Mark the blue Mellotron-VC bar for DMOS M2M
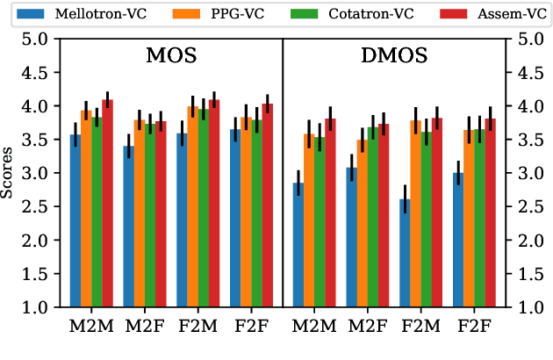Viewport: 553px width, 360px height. [298, 245]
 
